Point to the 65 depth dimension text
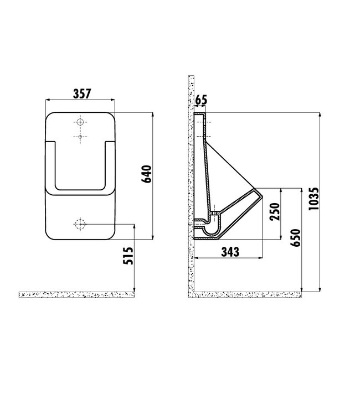(x=201, y=100)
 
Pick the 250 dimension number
(x=274, y=211)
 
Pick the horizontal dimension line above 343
(x=229, y=258)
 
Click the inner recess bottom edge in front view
(x=81, y=189)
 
